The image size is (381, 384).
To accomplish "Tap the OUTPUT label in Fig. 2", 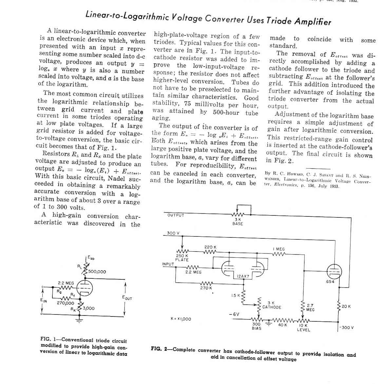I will (x=176, y=215).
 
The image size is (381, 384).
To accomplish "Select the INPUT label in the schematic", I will (x=168, y=264).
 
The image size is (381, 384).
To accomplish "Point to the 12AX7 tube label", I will (x=243, y=276).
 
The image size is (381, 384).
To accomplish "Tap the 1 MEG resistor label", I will (x=278, y=249).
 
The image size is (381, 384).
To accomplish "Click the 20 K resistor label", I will (x=346, y=306).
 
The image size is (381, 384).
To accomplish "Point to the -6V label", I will (x=234, y=314).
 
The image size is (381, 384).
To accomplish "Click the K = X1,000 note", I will (x=181, y=319).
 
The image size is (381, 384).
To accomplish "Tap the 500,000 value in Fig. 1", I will (x=97, y=272).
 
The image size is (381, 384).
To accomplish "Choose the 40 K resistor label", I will (x=283, y=325).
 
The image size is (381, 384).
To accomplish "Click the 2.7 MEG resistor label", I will (x=310, y=307).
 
